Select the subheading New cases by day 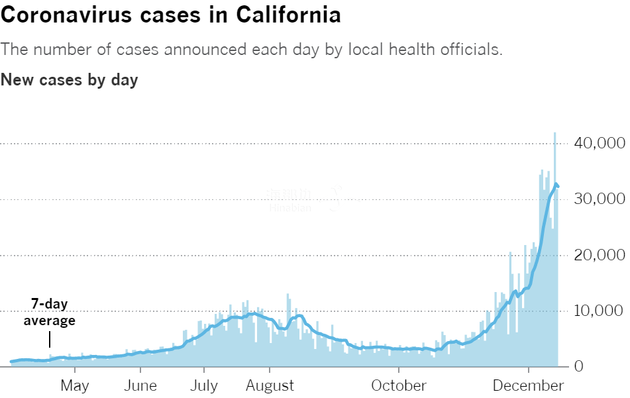[70, 80]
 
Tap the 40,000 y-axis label [598, 143]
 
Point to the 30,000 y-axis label [598, 199]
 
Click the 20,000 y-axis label [598, 255]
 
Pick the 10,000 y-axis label [598, 311]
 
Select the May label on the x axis [74, 385]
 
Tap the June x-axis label [140, 385]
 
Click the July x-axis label [203, 385]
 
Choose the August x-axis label [270, 385]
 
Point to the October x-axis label [399, 385]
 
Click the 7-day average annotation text [50, 312]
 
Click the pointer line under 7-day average [50, 340]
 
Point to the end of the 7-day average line [558, 187]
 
